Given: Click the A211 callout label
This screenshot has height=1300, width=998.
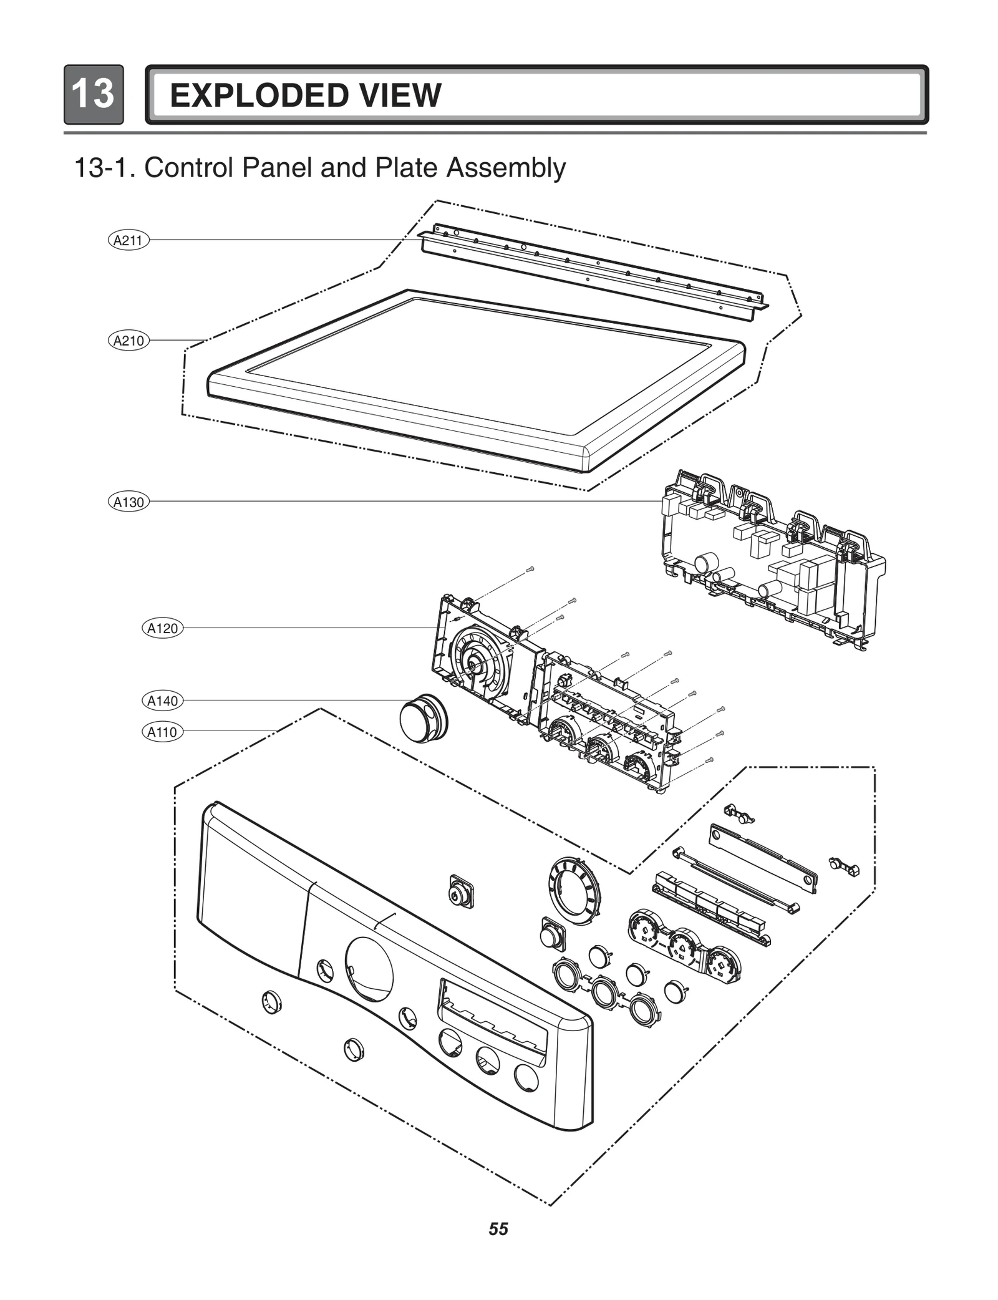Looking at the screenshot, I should pyautogui.click(x=128, y=240).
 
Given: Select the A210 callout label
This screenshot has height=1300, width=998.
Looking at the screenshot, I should pyautogui.click(x=128, y=341).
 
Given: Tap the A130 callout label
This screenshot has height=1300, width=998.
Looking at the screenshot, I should pyautogui.click(x=128, y=502).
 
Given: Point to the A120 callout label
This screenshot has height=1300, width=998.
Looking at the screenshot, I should pyautogui.click(x=162, y=628).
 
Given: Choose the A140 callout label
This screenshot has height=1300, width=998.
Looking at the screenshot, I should pyautogui.click(x=162, y=701).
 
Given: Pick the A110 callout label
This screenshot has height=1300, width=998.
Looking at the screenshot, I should pyautogui.click(x=162, y=732).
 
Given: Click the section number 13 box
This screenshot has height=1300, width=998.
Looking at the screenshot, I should pyautogui.click(x=94, y=94).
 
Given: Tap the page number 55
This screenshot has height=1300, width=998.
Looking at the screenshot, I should pyautogui.click(x=498, y=1229).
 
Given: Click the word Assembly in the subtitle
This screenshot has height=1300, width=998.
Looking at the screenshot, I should pyautogui.click(x=505, y=168).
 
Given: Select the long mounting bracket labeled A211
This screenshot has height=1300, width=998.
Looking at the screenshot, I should pyautogui.click(x=593, y=268).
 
